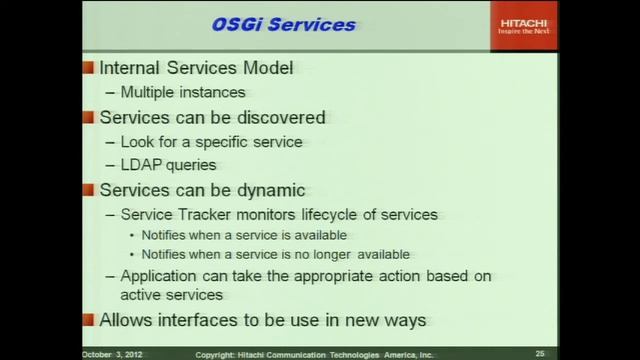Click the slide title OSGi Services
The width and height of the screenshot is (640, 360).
tap(283, 24)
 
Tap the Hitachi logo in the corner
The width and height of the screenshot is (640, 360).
tap(524, 26)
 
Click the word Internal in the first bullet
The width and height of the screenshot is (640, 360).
tap(131, 68)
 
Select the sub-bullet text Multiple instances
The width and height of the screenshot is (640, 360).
tap(182, 93)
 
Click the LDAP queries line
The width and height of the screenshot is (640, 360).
tap(168, 165)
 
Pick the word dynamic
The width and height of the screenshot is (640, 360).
tap(269, 190)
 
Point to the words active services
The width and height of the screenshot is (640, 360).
tap(171, 295)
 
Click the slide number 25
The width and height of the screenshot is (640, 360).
tap(540, 354)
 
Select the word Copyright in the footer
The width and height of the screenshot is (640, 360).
tap(215, 354)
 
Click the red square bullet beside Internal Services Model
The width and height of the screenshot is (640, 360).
tap(88, 69)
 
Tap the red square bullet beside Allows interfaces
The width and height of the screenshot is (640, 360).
tap(88, 321)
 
